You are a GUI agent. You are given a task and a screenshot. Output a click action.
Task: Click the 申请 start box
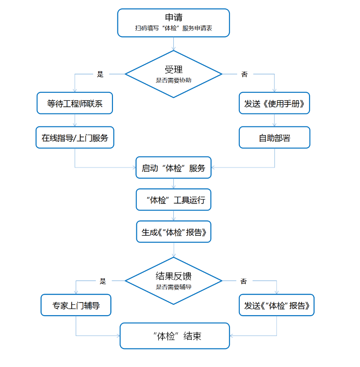tap(173, 22)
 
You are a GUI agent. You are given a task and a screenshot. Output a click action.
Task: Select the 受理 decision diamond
tap(173, 73)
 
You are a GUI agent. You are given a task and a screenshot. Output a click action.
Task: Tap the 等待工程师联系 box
tap(75, 104)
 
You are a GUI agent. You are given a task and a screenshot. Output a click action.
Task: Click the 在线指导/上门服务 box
tap(75, 138)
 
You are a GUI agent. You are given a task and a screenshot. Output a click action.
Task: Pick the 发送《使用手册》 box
tap(274, 104)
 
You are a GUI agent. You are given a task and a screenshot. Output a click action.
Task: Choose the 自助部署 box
tap(274, 138)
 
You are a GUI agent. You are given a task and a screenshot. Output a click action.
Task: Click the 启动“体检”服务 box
tap(173, 168)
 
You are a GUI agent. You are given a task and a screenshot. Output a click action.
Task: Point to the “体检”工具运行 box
tap(173, 199)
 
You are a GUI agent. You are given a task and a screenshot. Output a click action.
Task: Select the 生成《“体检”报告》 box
tap(173, 232)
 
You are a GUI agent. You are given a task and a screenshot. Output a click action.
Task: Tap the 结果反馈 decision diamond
tap(173, 280)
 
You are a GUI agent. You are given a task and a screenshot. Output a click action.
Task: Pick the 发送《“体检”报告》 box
tap(276, 305)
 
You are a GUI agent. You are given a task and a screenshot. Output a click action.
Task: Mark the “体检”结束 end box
tap(175, 336)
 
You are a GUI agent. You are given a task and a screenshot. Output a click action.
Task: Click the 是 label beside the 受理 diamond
tap(100, 74)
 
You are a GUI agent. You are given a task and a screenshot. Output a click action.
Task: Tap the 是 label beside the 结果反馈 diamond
tap(103, 281)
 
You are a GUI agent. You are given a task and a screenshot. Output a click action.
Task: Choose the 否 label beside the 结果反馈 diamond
tap(243, 281)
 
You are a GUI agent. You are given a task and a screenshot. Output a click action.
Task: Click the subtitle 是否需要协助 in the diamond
tap(173, 80)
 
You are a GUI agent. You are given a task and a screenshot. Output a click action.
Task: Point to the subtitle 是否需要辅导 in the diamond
tap(173, 287)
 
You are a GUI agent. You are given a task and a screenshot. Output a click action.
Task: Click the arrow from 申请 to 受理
tap(173, 44)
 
